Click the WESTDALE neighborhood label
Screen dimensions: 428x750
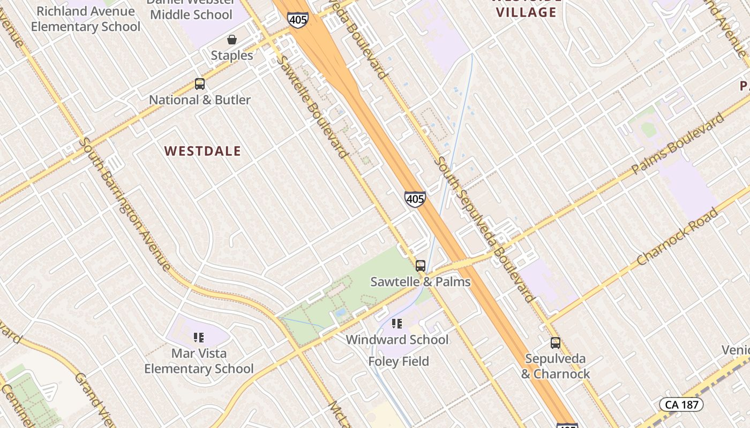coord(202,151)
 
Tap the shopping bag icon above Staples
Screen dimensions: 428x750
coord(232,40)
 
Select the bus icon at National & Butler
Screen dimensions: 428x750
coord(200,84)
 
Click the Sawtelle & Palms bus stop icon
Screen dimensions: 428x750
coord(421,265)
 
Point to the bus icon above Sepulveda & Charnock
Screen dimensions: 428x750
coord(556,342)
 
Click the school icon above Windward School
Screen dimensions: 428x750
coord(396,323)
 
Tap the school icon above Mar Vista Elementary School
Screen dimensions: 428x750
coord(199,337)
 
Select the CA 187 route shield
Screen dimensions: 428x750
coord(681,404)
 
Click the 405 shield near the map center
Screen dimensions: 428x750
coord(415,199)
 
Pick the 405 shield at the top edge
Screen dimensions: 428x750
coord(297,20)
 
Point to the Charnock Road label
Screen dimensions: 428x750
coord(678,237)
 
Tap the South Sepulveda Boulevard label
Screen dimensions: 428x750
coord(485,228)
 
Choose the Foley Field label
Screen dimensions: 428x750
coord(399,362)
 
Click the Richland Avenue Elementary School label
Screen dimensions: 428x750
coord(86,19)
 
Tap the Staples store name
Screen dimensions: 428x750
coord(231,56)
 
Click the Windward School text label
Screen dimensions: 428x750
coord(397,340)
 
